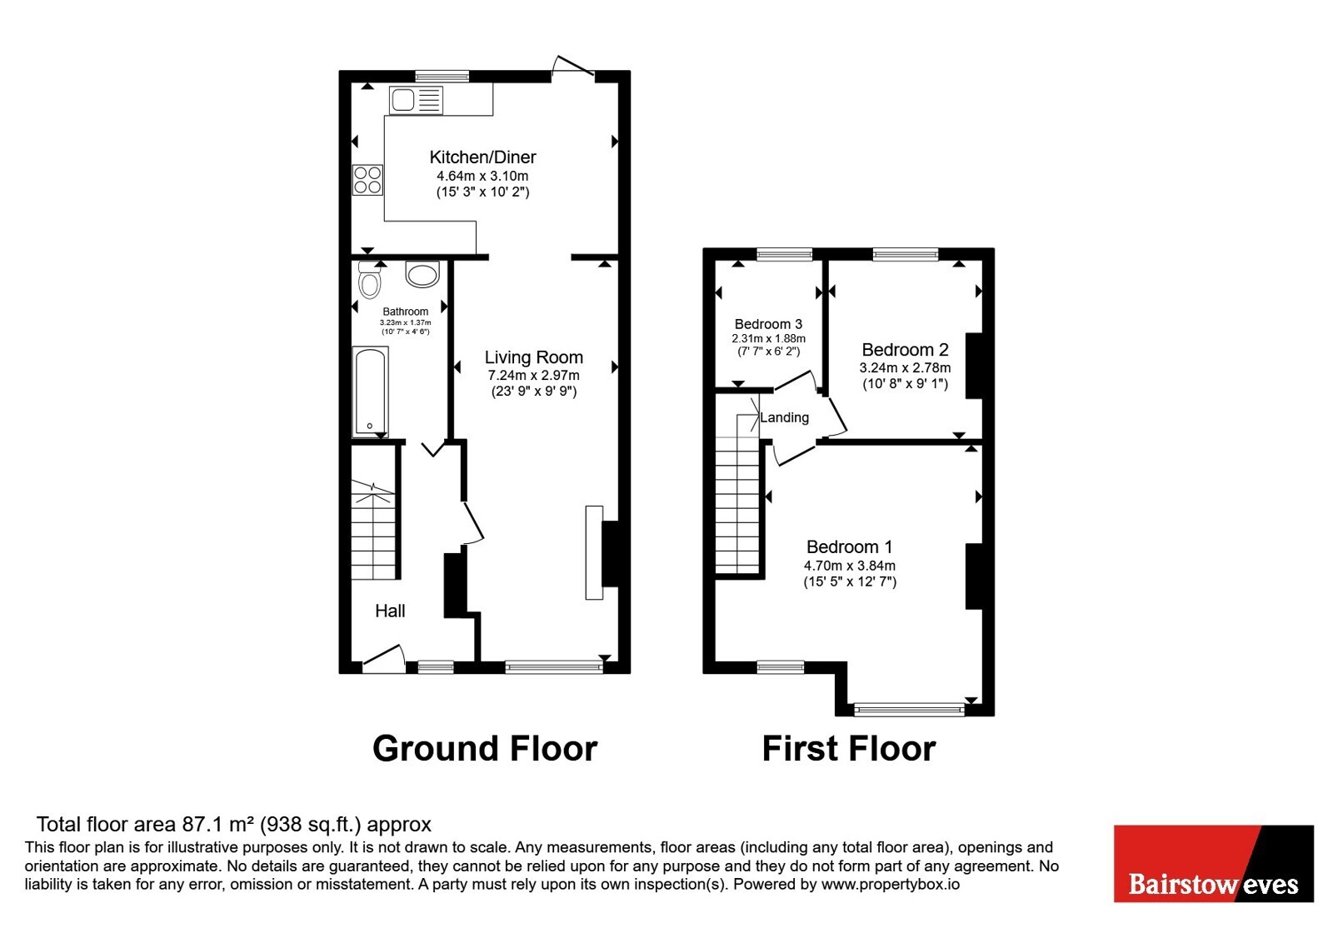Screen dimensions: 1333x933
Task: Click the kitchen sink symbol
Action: click(417, 100)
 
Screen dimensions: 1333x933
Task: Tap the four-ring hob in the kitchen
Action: click(367, 180)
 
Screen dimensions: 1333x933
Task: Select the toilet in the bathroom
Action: click(370, 280)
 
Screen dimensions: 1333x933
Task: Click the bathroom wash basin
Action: click(422, 274)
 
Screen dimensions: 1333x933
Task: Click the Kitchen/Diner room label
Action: click(482, 157)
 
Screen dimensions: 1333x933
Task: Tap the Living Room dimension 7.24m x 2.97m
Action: click(534, 376)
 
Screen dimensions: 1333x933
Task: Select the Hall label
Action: click(390, 611)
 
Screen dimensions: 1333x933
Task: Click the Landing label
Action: click(784, 417)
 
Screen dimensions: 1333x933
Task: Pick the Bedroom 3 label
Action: click(768, 324)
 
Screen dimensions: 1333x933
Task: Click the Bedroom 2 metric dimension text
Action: click(905, 367)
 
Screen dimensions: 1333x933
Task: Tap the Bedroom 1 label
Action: click(849, 546)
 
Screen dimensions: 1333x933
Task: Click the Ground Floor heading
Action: click(485, 749)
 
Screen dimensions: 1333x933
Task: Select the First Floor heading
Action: click(849, 749)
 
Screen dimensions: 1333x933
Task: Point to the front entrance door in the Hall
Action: click(384, 659)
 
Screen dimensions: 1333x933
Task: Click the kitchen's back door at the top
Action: click(574, 66)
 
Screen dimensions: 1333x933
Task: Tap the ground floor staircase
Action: click(373, 530)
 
